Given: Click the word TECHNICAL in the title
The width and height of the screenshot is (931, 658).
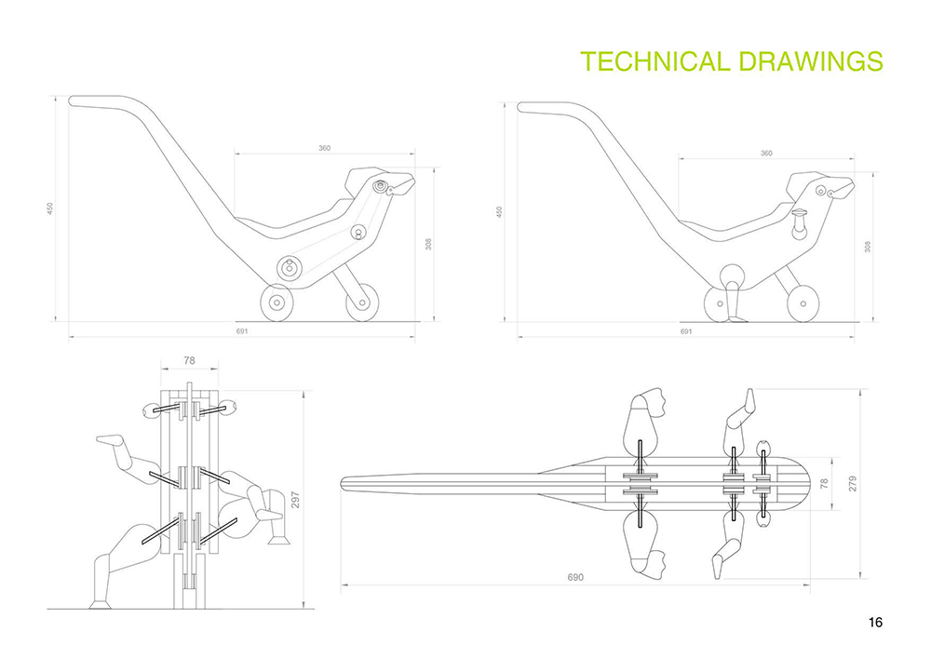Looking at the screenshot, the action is [x=654, y=61].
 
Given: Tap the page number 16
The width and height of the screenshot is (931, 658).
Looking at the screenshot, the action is [x=875, y=622].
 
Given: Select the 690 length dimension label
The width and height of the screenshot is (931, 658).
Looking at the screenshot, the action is [x=575, y=577].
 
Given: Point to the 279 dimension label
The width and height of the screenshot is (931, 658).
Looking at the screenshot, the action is [x=853, y=484].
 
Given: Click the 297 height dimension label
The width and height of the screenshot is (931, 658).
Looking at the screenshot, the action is [x=295, y=500].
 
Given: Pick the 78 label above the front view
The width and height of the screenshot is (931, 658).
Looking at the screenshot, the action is [x=189, y=360].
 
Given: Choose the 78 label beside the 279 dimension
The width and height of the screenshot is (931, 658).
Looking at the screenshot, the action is [x=824, y=484].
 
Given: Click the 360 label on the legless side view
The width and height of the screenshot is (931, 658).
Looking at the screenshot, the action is [x=324, y=148].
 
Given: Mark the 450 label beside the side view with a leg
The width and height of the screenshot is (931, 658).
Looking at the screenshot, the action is [x=499, y=212].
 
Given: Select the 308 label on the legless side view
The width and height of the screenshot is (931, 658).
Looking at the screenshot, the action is [x=428, y=243].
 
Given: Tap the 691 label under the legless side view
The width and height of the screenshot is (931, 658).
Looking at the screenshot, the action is [x=242, y=331].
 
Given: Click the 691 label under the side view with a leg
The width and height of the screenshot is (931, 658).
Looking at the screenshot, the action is [x=686, y=331].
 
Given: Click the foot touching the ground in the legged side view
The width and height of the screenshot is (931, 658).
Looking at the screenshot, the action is [x=736, y=319].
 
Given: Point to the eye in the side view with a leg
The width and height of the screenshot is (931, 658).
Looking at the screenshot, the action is [x=821, y=191].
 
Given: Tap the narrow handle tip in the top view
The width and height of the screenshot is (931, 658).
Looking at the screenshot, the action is [x=344, y=484].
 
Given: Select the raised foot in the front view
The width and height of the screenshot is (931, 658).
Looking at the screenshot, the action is [x=111, y=441].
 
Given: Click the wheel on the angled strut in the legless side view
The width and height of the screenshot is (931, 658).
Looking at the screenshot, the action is [x=362, y=302].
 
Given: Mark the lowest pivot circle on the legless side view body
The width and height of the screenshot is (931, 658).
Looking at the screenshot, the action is [x=290, y=268].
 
